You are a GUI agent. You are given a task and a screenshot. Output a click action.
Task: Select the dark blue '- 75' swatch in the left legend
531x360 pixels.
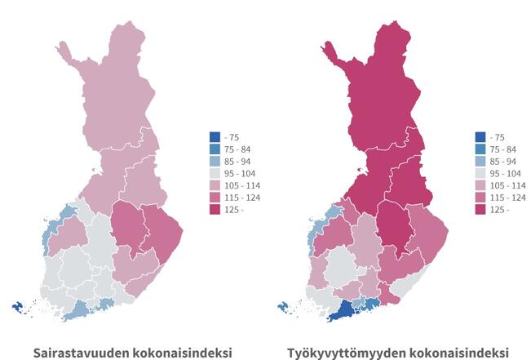pos(215,137)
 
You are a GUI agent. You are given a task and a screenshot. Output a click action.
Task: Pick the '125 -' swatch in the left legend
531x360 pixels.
pos(215,210)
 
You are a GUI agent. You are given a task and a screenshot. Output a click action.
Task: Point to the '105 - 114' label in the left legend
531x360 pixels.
pos(241,186)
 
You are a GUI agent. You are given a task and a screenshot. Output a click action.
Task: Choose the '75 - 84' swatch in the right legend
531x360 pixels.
pos(480,149)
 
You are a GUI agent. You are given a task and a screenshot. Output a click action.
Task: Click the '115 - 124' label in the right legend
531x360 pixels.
pos(508,198)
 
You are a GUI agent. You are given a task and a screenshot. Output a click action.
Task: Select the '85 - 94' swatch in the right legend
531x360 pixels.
pos(480,162)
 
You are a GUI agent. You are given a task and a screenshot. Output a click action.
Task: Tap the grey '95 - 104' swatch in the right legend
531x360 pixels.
pos(480,174)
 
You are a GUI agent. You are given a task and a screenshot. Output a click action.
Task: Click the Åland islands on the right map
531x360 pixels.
pos(285,308)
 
